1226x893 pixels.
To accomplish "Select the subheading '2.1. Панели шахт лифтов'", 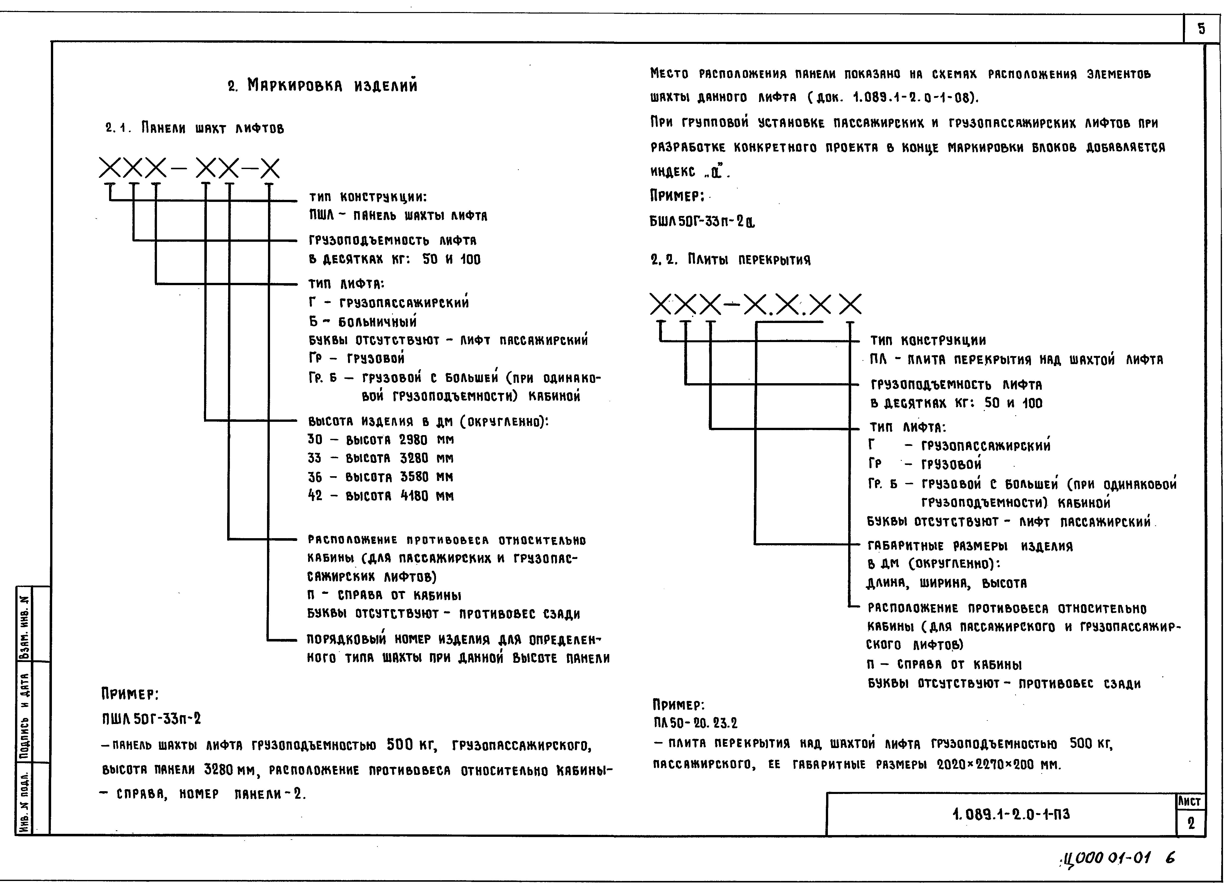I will click(x=195, y=129).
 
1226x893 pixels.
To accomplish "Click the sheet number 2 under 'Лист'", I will click(x=1191, y=823).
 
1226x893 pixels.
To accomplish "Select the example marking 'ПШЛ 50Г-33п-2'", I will click(x=151, y=719).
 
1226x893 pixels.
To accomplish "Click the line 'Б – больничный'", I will click(x=363, y=322).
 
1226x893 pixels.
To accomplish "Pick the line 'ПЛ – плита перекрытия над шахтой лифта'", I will click(x=1016, y=359).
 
